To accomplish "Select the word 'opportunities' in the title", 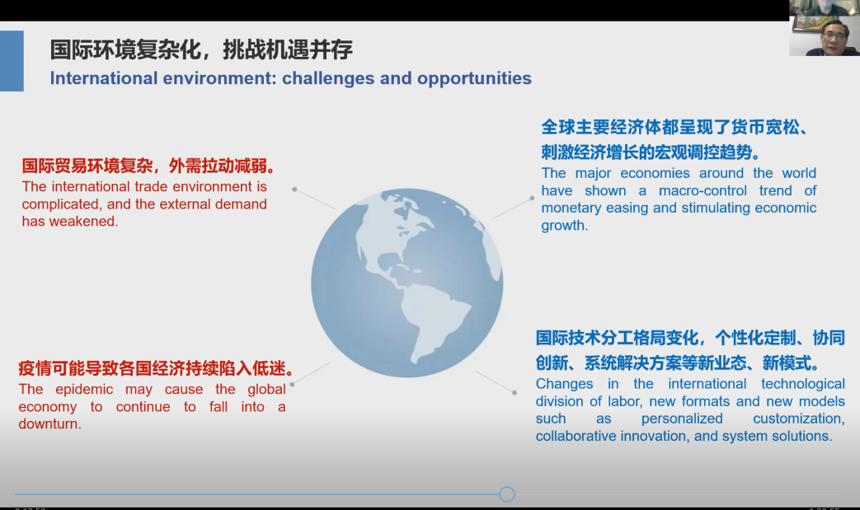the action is pos(474,78).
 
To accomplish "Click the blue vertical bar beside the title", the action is pos(12,61).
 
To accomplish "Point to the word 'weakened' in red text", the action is pos(90,222).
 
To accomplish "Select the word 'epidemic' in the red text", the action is pos(83,390).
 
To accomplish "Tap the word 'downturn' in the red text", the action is pos(49,424).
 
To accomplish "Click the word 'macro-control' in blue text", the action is pos(703,190).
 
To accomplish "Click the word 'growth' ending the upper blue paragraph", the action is pos(562,226).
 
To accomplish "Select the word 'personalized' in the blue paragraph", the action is pos(682,419).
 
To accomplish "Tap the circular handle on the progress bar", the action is pos(507,494).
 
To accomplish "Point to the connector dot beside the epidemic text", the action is pos(292,385).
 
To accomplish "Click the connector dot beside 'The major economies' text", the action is pos(532,199).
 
